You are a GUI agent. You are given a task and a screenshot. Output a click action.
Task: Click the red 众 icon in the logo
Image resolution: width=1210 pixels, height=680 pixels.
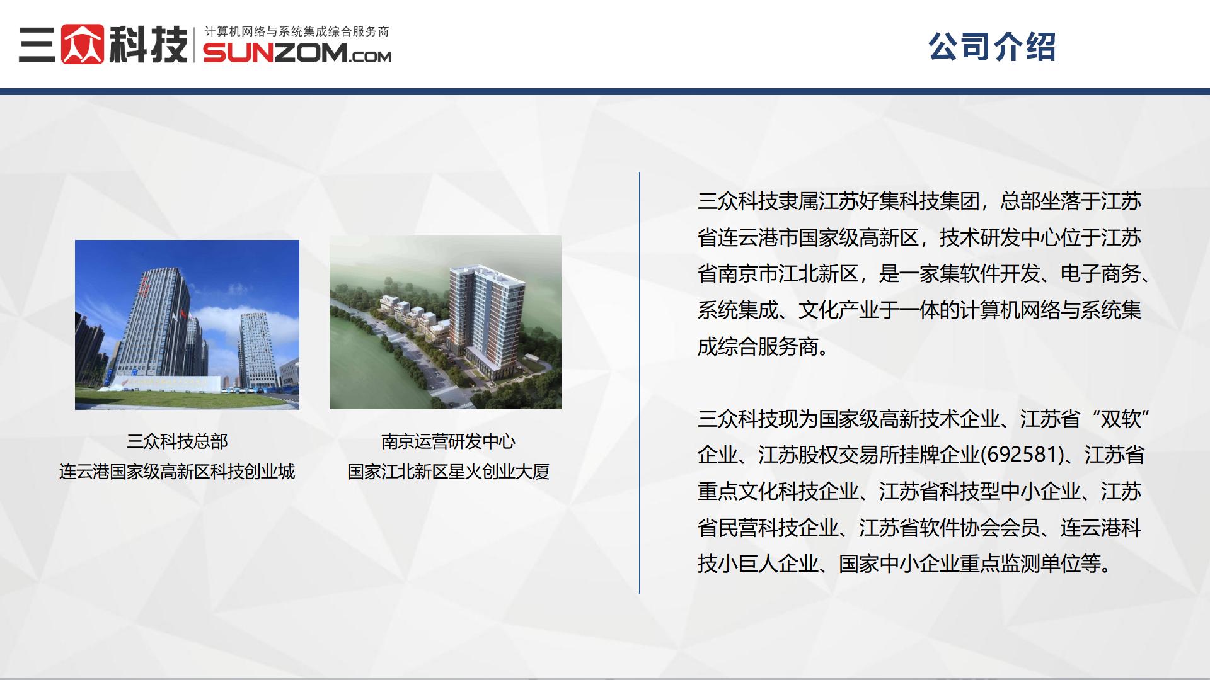(x=82, y=44)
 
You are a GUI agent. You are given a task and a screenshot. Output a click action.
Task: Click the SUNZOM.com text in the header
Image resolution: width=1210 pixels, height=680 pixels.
(x=297, y=53)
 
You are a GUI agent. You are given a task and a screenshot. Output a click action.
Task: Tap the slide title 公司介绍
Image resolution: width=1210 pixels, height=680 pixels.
(x=992, y=47)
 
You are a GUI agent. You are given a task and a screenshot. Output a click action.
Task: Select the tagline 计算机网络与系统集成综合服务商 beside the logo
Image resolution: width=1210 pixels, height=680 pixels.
(x=297, y=31)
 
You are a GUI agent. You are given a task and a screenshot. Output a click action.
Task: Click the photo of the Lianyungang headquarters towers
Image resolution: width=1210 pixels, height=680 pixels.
(x=187, y=325)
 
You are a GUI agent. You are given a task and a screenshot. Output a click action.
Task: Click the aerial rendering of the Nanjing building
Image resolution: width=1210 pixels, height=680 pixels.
(x=446, y=322)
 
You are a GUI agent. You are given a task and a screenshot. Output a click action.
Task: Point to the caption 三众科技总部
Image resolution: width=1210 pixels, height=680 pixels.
(x=177, y=441)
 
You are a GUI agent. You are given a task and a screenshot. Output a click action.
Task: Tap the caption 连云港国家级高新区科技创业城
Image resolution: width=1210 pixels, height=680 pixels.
(x=177, y=472)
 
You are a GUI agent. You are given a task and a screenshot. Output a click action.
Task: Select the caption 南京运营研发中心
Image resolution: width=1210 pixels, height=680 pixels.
(x=448, y=441)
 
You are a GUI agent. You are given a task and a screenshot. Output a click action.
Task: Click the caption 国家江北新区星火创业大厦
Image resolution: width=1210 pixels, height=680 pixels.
(x=448, y=472)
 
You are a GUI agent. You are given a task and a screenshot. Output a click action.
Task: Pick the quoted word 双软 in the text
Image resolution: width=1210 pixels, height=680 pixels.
(x=1121, y=419)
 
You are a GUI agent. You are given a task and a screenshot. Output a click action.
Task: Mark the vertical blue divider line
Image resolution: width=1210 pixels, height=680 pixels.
(x=640, y=383)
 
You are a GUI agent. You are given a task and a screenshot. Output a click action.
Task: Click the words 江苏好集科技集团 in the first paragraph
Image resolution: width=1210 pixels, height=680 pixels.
(x=899, y=201)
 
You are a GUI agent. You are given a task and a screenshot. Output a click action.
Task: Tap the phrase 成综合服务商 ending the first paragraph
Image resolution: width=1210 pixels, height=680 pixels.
(x=758, y=346)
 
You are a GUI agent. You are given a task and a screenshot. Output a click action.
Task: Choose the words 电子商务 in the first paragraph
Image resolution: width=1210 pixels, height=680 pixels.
(x=1100, y=274)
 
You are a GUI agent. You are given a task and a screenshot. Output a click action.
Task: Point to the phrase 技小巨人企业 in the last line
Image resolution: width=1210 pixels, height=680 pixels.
(x=758, y=564)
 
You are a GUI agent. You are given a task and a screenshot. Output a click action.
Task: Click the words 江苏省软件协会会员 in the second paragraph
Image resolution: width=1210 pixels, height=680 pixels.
(x=949, y=528)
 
